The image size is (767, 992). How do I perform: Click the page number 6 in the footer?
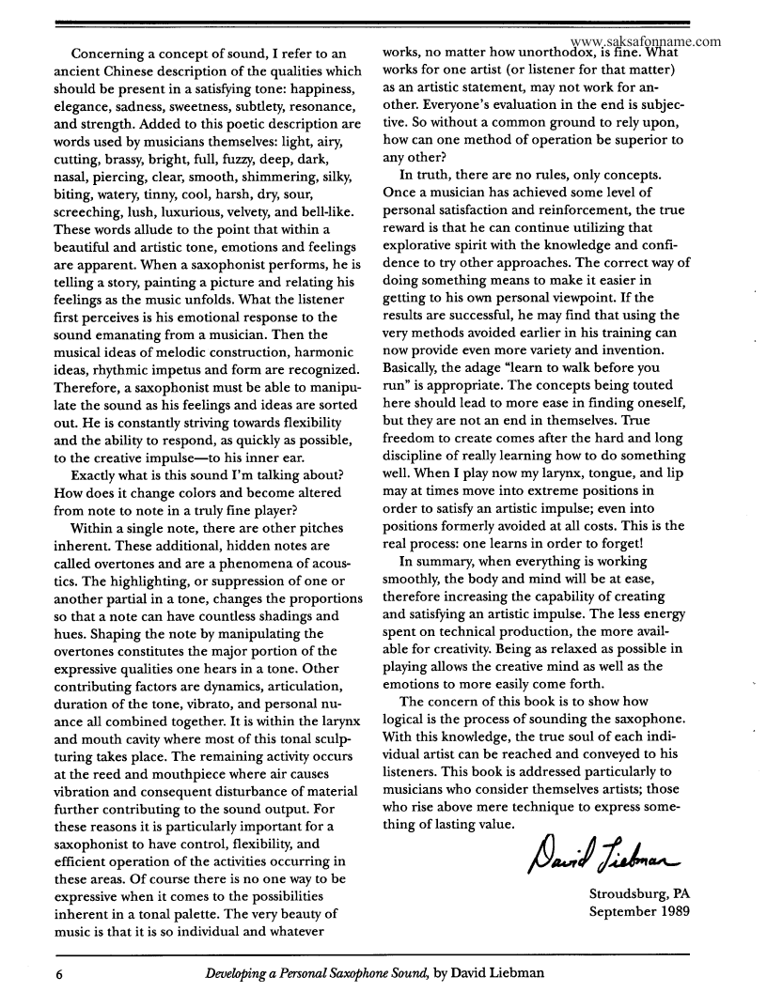(58, 973)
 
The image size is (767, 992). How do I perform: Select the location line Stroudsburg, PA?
(639, 893)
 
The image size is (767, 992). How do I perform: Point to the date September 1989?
(639, 911)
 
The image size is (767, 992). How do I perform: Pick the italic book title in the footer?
(318, 973)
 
